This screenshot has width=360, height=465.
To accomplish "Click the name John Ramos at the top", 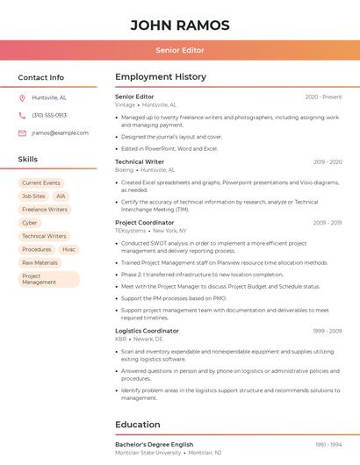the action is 180,25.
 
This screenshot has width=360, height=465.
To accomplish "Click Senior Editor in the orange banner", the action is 180,50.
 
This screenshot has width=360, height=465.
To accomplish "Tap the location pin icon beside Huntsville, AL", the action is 22,97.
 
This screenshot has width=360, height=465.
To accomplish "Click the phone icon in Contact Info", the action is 22,115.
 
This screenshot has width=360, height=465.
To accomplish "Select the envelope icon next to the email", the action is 22,133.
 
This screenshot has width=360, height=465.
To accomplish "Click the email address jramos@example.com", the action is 60,133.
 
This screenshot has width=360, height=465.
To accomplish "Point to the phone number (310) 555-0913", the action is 49,115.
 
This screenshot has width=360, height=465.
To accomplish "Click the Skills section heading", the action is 28,160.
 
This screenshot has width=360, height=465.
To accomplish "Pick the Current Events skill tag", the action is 41,183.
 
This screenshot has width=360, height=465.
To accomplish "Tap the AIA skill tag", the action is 61,197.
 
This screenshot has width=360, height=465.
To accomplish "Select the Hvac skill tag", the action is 68,249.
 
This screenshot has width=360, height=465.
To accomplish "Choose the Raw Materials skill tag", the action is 40,262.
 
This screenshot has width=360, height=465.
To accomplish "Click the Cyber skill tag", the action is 30,223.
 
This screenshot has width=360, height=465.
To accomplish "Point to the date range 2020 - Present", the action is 323,97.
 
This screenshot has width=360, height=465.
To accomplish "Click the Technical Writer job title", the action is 140,162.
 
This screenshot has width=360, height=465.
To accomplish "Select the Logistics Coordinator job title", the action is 147,331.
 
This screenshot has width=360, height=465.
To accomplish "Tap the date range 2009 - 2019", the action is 328,223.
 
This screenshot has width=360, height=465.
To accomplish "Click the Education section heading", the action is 138,425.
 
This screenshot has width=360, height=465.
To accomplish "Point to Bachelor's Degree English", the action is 154,445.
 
